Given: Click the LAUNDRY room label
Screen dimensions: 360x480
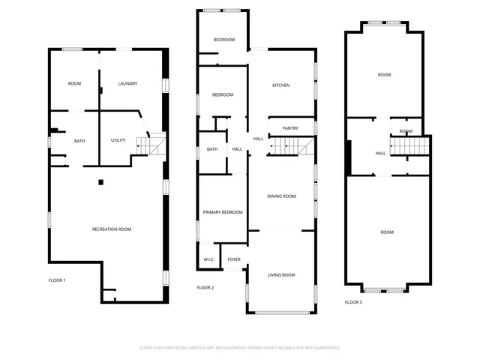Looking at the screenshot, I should coord(127,83).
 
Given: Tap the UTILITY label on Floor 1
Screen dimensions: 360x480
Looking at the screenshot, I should coord(118,140).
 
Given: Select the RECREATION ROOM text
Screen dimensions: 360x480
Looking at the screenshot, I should coord(112,229).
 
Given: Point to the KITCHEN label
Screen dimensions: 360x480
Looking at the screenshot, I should coord(280,85).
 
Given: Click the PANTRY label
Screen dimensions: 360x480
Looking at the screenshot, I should coord(290,128).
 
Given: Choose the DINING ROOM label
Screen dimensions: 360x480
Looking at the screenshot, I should coord(282,196).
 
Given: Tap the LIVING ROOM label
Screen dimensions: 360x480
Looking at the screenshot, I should coord(281,275).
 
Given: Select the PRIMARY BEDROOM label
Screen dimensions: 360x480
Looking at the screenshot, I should coord(223,213).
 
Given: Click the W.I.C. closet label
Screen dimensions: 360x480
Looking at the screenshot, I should coord(209,259).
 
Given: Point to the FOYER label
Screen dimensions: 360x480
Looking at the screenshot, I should coord(234,259).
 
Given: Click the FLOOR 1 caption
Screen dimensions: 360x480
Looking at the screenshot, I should coord(57,280).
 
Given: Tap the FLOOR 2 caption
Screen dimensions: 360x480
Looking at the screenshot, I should coord(205,287).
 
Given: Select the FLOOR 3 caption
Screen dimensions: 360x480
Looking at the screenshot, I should coord(353,302).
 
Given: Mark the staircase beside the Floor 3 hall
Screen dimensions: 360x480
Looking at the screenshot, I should coord(411,145).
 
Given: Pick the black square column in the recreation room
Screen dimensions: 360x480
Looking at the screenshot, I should coord(100,181).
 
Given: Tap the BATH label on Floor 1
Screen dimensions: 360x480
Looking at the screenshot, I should coord(79,140).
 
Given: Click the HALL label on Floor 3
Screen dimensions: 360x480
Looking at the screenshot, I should coord(380,153).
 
